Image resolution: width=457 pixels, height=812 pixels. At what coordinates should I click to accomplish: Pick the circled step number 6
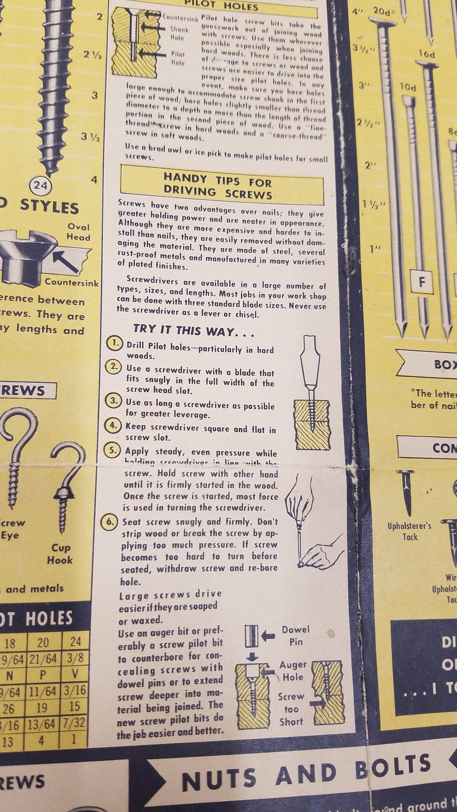(x=110, y=522)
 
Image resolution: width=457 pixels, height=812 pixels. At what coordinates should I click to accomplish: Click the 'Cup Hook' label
(x=60, y=554)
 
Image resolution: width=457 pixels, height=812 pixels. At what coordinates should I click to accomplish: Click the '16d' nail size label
(x=426, y=54)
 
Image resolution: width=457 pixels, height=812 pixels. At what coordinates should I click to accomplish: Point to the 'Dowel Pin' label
(x=296, y=636)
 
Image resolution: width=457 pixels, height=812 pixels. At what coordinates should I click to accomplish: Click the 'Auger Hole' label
(x=293, y=671)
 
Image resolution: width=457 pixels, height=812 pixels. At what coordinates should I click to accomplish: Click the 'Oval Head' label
(x=79, y=232)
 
